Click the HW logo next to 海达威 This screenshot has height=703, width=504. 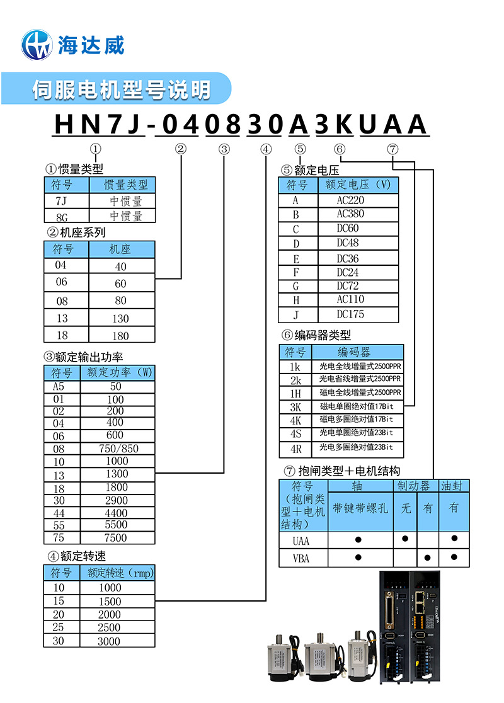(37, 44)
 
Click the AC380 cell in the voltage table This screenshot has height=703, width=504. (350, 214)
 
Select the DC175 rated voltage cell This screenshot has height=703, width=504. (350, 314)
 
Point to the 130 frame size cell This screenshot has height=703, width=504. (121, 319)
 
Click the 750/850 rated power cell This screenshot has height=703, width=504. (117, 449)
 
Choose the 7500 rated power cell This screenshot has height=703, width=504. (117, 538)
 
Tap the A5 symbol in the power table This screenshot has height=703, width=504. (62, 386)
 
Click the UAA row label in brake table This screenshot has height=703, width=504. (302, 540)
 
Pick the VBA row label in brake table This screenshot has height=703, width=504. (302, 558)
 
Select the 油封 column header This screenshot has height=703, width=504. (454, 486)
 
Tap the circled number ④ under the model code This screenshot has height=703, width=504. (266, 149)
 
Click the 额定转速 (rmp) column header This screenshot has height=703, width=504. (117, 573)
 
